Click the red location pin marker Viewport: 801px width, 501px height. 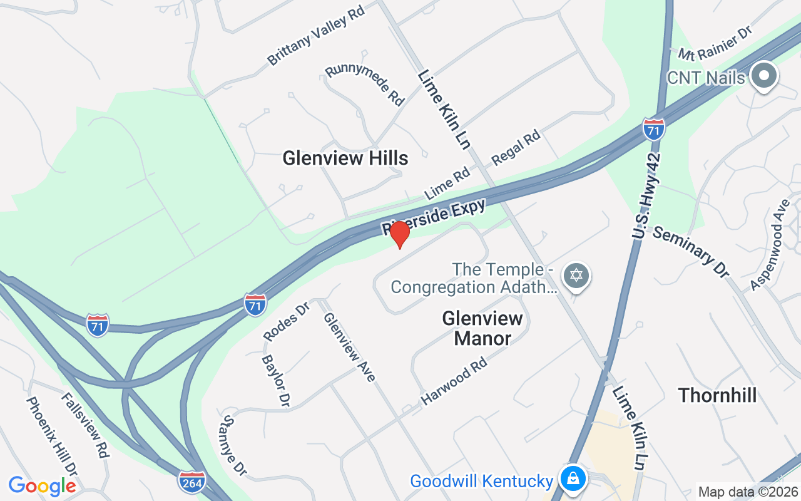tap(400, 234)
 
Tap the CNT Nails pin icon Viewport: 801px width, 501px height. tap(763, 77)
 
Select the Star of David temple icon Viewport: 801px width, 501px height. tap(576, 276)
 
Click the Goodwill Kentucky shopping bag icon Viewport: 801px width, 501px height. tap(572, 478)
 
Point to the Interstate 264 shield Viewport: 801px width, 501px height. tap(191, 482)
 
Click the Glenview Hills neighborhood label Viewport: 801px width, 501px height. tap(345, 158)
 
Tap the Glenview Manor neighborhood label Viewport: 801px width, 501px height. tap(482, 328)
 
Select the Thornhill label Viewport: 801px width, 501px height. tap(717, 395)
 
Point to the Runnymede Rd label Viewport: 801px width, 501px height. tap(365, 85)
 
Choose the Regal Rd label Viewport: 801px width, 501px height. tap(516, 147)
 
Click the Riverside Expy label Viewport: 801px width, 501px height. tap(434, 217)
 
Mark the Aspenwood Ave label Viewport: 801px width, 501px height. tap(770, 245)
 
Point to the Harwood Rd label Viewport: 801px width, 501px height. tap(454, 381)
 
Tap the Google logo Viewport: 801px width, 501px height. tap(42, 486)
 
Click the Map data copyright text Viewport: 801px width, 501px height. tap(748, 492)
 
